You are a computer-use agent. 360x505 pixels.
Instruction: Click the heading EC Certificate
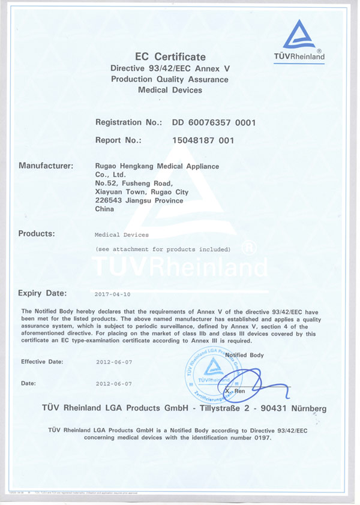(x=170, y=57)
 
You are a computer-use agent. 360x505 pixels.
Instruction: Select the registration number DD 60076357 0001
(x=214, y=122)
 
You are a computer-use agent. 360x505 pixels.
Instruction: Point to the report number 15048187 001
(x=202, y=140)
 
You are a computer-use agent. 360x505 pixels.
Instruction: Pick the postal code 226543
(x=108, y=201)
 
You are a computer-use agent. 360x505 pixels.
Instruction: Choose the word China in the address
(x=105, y=210)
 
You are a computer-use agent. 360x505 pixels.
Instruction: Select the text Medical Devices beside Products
(x=122, y=235)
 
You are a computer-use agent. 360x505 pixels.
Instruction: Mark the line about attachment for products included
(x=163, y=249)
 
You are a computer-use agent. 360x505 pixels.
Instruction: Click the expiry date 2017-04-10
(x=113, y=294)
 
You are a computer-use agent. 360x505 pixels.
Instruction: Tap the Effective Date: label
(x=42, y=362)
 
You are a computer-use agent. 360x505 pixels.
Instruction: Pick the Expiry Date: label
(x=43, y=293)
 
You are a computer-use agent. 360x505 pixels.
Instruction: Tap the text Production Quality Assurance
(x=170, y=79)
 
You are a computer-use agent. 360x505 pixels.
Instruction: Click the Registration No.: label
(x=128, y=122)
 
